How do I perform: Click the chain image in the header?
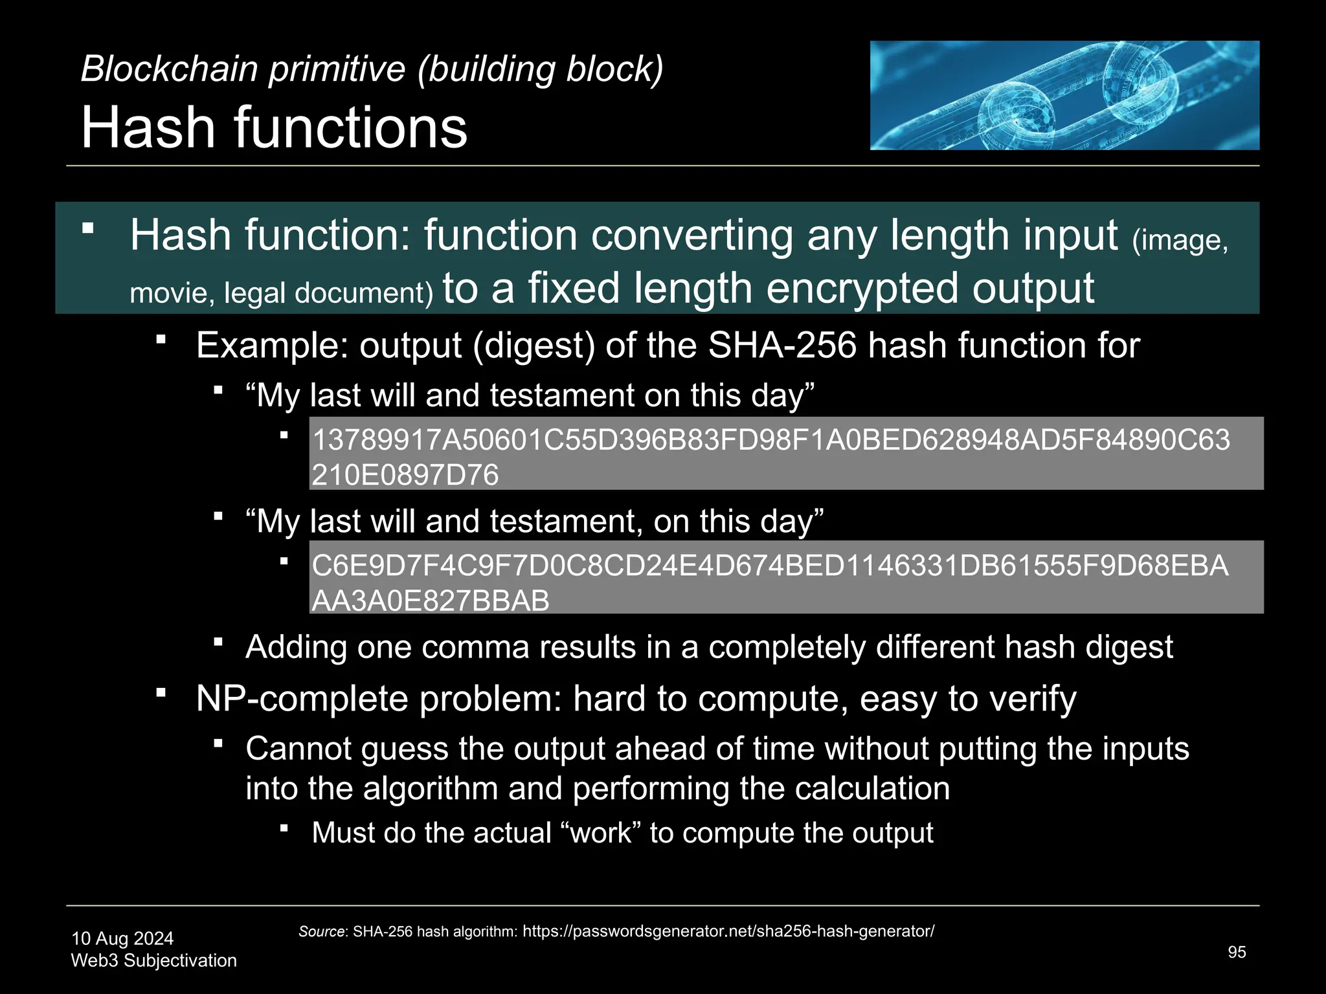(x=1064, y=95)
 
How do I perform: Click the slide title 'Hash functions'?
(x=274, y=127)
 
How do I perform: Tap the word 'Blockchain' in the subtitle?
(x=169, y=69)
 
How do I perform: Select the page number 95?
(x=1237, y=952)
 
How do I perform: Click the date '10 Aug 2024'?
(x=122, y=938)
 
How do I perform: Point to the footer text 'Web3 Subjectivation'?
(x=153, y=960)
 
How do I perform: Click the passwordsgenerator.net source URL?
(x=728, y=931)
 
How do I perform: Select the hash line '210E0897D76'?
(x=405, y=475)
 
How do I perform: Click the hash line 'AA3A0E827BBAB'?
(x=431, y=601)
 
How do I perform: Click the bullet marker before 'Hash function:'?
(x=89, y=228)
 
